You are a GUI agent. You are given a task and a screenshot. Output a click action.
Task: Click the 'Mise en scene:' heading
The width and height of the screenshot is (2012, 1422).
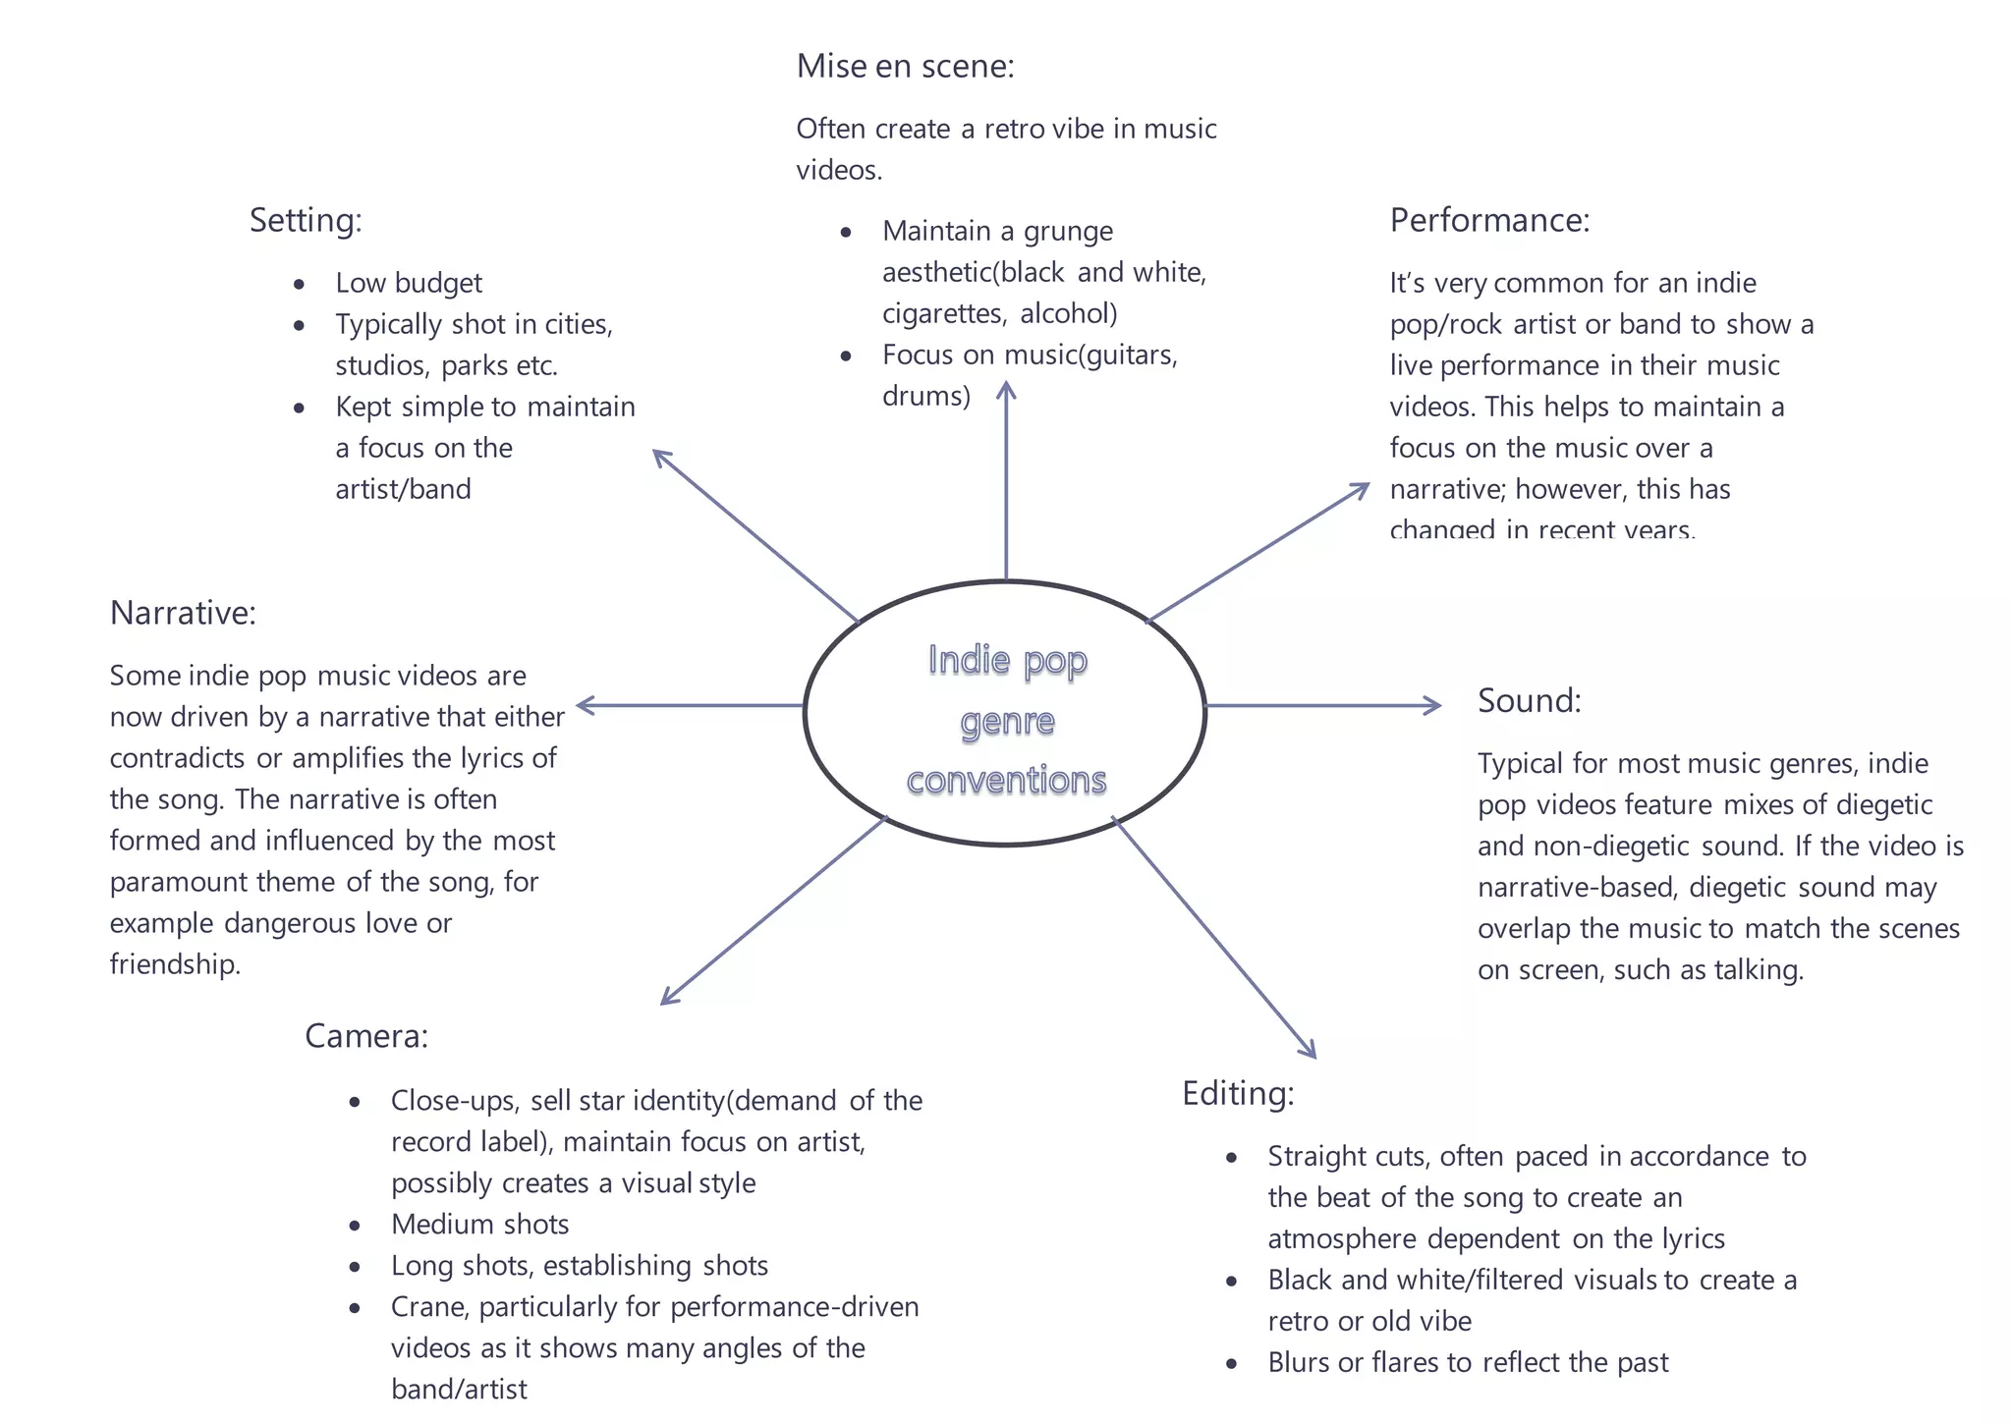[905, 66]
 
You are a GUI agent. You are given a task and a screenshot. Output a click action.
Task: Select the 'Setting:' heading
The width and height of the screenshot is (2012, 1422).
[306, 221]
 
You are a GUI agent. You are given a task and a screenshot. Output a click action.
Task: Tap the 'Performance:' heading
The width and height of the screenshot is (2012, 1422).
[1489, 220]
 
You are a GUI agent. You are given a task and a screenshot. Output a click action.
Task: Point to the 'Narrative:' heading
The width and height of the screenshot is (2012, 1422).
[183, 613]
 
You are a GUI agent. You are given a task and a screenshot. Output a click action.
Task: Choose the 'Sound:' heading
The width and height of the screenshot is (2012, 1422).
[1530, 700]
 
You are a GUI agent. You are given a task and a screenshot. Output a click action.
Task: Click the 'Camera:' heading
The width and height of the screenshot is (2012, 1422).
[366, 1036]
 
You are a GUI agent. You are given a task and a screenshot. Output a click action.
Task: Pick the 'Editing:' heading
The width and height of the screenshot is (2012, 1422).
[1238, 1094]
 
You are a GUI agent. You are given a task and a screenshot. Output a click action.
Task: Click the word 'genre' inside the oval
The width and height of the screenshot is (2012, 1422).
[1007, 723]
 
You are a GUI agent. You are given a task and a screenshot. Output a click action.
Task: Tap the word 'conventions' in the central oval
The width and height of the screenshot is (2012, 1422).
[1007, 780]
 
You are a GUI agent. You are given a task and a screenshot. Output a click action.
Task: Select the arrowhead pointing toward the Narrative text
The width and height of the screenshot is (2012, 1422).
[586, 705]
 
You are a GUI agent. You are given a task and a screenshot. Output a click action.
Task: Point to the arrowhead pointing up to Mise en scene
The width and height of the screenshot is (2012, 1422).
[1006, 390]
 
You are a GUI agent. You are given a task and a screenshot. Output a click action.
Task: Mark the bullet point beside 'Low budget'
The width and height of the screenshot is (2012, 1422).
[299, 285]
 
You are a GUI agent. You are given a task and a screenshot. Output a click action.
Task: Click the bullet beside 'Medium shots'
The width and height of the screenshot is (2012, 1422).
[355, 1226]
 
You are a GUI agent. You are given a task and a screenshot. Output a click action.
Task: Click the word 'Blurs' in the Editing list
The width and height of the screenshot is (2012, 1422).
[1299, 1362]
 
